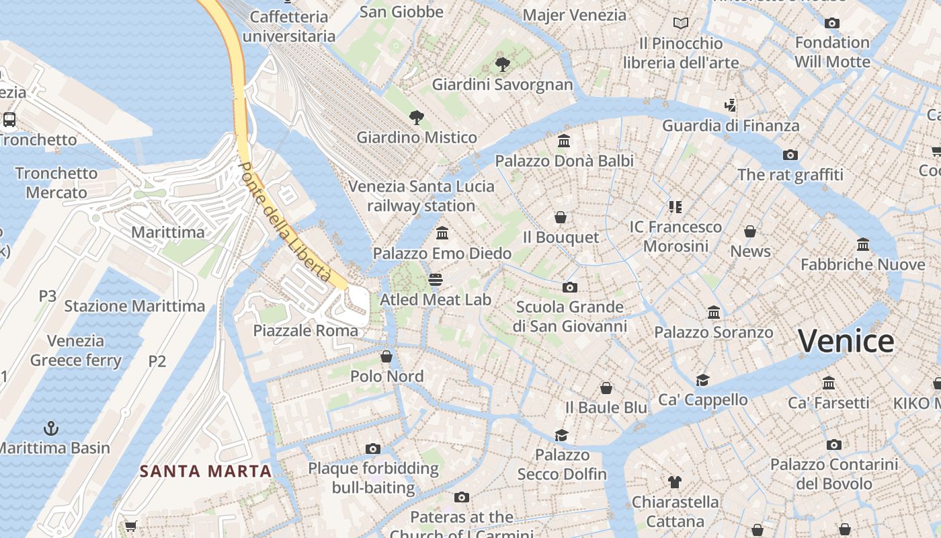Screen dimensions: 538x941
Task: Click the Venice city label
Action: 846,341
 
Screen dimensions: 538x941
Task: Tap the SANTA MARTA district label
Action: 206,471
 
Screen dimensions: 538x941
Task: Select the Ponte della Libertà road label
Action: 285,221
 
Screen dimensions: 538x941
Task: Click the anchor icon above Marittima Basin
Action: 50,428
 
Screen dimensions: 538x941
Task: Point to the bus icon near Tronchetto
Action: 9,120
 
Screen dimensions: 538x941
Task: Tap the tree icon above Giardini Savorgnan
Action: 502,65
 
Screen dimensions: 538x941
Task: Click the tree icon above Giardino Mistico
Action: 417,118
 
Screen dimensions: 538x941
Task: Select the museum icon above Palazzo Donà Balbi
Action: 564,141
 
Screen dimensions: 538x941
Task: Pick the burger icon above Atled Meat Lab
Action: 436,279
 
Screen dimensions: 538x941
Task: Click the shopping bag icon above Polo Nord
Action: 386,356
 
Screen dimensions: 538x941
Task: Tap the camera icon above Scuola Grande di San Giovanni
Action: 570,287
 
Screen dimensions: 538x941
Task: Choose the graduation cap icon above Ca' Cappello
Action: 702,380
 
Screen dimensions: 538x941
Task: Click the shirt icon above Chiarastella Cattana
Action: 675,482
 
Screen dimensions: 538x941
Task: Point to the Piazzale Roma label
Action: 306,330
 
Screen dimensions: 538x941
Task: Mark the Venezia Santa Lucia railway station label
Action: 421,196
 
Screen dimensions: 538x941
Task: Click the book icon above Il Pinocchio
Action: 681,24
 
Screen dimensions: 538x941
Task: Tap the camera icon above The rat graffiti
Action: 790,155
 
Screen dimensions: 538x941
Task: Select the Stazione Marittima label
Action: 134,306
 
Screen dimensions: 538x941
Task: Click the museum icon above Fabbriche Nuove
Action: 863,244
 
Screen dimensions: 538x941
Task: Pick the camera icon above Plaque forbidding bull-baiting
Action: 373,449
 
